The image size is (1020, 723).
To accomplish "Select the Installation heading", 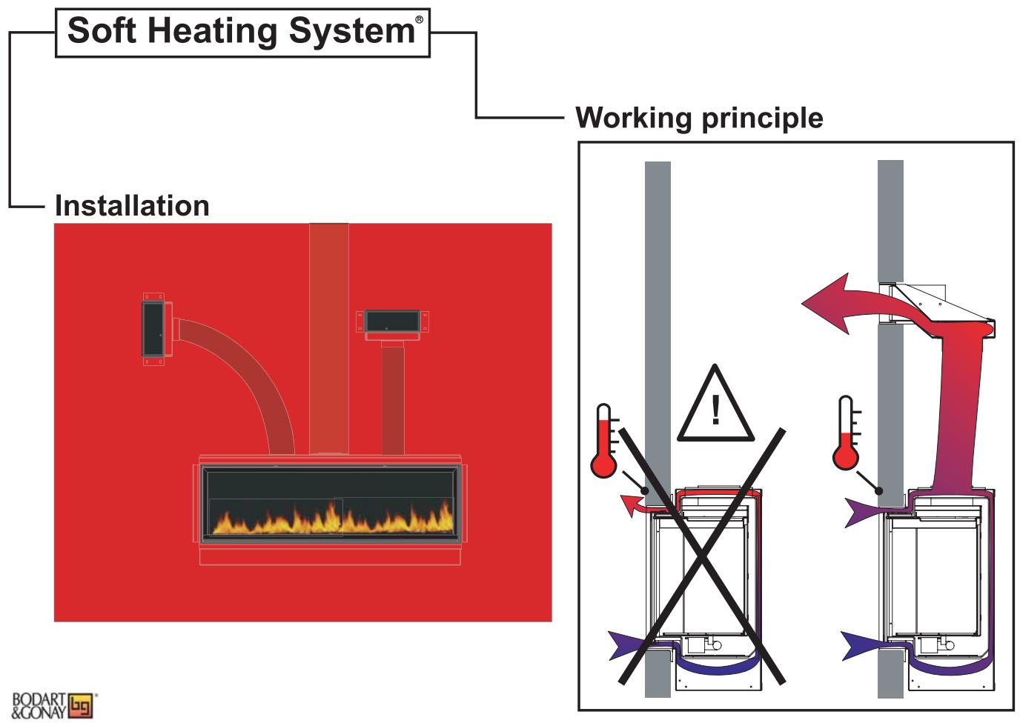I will [x=132, y=206].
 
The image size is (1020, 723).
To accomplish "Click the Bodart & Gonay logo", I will [x=53, y=705].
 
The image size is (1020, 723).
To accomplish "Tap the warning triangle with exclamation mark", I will [x=715, y=408].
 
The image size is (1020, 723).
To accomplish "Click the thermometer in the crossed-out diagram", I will [x=603, y=442].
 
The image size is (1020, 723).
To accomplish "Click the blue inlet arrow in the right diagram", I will [x=860, y=644].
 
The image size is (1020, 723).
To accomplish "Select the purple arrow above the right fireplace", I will [x=861, y=510].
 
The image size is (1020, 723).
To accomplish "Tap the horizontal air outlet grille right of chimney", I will [x=392, y=321].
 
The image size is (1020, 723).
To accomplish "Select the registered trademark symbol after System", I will [x=419, y=20].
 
